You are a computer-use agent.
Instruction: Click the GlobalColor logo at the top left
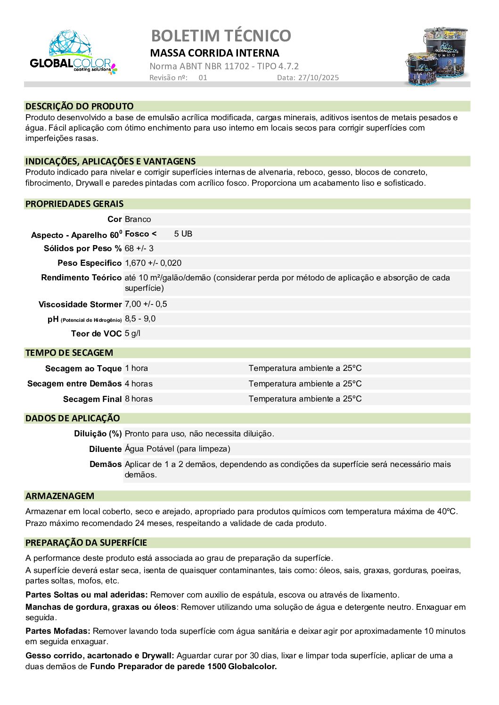[x=73, y=53]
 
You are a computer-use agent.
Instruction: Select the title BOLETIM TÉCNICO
[x=221, y=36]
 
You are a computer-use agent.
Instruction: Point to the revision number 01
[x=203, y=78]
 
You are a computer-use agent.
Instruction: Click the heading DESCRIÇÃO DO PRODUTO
[x=79, y=107]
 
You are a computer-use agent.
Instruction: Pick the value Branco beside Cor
[x=138, y=219]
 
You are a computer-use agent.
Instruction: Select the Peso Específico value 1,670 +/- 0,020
[x=153, y=263]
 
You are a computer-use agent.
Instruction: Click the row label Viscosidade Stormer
[x=80, y=304]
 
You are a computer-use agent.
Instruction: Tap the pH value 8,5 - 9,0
[x=140, y=319]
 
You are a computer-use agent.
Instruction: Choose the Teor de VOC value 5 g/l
[x=132, y=333]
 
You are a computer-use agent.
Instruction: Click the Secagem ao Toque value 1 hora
[x=136, y=368]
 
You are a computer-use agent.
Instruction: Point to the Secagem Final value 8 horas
[x=139, y=399]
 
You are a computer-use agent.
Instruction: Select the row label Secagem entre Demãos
[x=74, y=384]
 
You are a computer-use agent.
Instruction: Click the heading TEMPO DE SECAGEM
[x=69, y=353]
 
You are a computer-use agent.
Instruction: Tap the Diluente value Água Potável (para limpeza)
[x=177, y=449]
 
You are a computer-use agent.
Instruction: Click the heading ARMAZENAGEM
[x=59, y=496]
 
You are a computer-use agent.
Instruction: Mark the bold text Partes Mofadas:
[x=57, y=631]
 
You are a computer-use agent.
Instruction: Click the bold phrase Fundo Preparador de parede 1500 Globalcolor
[x=183, y=666]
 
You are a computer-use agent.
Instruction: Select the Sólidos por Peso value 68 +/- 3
[x=139, y=248]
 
